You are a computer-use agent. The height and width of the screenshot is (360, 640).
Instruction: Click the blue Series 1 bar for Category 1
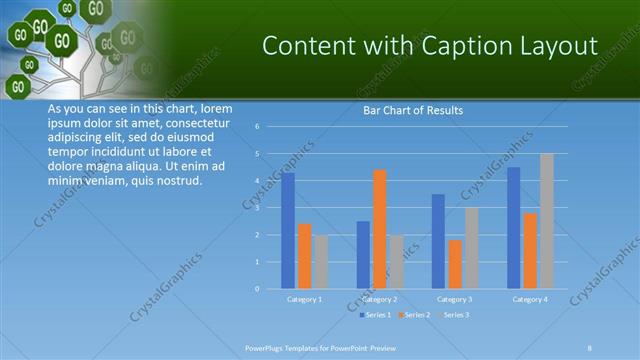(288, 231)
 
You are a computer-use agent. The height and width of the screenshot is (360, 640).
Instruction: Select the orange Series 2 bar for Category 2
(380, 229)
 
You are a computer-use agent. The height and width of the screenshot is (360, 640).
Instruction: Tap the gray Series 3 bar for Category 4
(547, 221)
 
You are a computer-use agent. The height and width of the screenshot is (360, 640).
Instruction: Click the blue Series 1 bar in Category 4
(513, 228)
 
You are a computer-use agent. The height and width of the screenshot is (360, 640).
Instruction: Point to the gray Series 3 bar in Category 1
(321, 262)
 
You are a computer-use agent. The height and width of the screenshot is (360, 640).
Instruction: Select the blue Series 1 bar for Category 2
(363, 255)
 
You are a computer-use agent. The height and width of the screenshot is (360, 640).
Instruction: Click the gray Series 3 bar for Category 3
(472, 248)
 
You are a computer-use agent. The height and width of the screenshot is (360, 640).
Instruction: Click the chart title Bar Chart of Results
(412, 110)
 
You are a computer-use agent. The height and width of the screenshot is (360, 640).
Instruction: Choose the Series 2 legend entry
(416, 315)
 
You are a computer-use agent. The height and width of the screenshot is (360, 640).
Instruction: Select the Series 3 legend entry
(455, 315)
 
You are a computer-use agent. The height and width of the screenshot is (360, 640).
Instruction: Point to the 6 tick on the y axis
(257, 127)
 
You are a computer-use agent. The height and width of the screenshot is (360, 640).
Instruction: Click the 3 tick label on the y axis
(257, 208)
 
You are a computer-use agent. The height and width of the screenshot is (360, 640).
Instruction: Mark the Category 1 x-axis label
(304, 299)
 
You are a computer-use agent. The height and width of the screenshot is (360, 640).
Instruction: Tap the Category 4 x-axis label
(530, 299)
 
